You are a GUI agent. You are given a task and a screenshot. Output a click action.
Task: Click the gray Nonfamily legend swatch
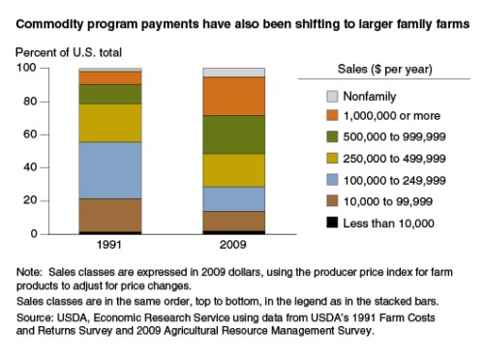332,96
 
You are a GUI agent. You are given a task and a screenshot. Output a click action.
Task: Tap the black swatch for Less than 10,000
332,224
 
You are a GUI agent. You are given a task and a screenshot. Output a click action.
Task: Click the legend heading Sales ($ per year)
384,69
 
